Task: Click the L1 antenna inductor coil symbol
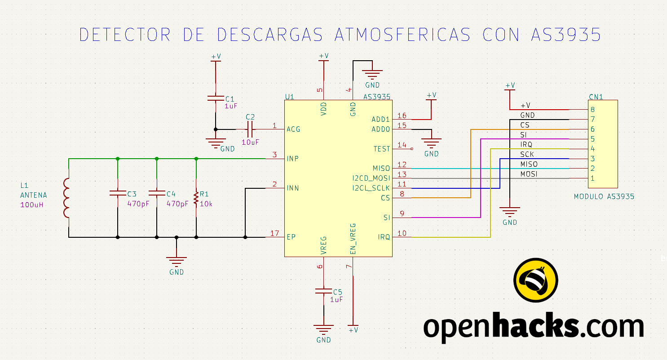tap(66, 198)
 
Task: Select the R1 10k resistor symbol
tap(196, 198)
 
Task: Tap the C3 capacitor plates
tap(118, 193)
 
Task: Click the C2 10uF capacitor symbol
tap(250, 129)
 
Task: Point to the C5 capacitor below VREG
tap(324, 291)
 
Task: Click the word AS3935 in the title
tap(566, 35)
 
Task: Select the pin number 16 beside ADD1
tap(402, 116)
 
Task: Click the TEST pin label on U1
tap(381, 149)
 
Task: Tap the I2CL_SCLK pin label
tap(371, 188)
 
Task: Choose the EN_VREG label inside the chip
tap(353, 239)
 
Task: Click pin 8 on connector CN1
tap(592, 110)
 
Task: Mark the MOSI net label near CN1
tap(529, 174)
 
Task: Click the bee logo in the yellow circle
tap(536, 280)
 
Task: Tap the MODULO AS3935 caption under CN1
tap(604, 197)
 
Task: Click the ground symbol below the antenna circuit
tap(177, 262)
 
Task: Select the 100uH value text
tap(31, 205)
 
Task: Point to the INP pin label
tap(293, 159)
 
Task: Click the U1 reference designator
tap(289, 97)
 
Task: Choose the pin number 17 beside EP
tap(274, 233)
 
